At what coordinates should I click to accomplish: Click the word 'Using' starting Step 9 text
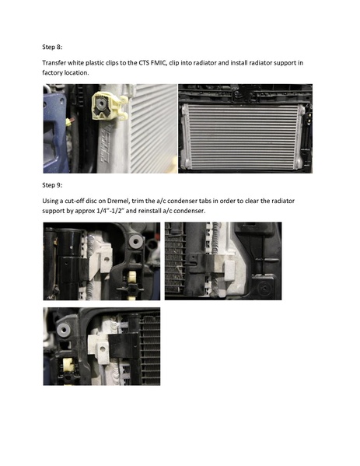pyautogui.click(x=51, y=201)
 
